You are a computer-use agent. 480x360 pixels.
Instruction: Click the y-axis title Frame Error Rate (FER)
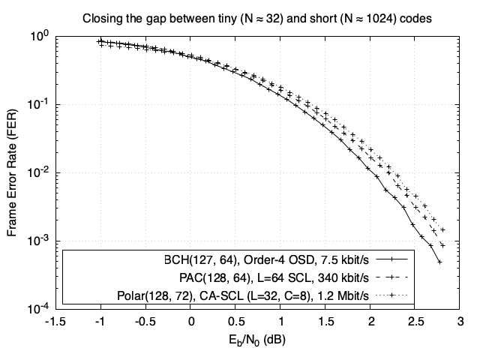13,172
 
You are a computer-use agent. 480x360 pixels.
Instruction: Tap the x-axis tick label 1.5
325,322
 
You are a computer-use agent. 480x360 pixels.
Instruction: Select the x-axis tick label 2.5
415,322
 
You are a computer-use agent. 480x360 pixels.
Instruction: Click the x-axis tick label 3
460,322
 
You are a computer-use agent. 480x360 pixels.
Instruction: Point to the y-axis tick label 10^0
39,35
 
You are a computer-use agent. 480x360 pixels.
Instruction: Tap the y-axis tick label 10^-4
39,307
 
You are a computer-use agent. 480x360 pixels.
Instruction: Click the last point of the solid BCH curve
439,262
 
